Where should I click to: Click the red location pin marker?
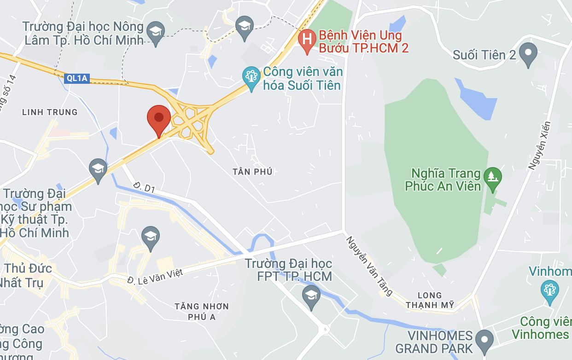tap(159, 118)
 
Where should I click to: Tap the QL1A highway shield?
tap(77, 78)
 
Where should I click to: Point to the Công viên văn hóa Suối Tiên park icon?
tap(251, 77)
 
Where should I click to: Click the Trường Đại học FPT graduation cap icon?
tap(312, 295)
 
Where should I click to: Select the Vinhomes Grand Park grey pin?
tap(484, 341)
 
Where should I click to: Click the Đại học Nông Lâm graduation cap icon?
tap(156, 32)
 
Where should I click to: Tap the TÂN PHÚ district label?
tap(252, 172)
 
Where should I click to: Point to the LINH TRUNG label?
tap(50, 112)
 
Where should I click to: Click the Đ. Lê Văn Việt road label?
tap(155, 276)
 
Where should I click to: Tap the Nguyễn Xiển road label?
tap(540, 145)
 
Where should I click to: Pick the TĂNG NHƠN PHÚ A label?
tap(202, 311)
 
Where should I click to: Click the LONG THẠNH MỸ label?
tap(430, 300)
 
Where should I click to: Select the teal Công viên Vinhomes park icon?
tap(549, 290)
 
